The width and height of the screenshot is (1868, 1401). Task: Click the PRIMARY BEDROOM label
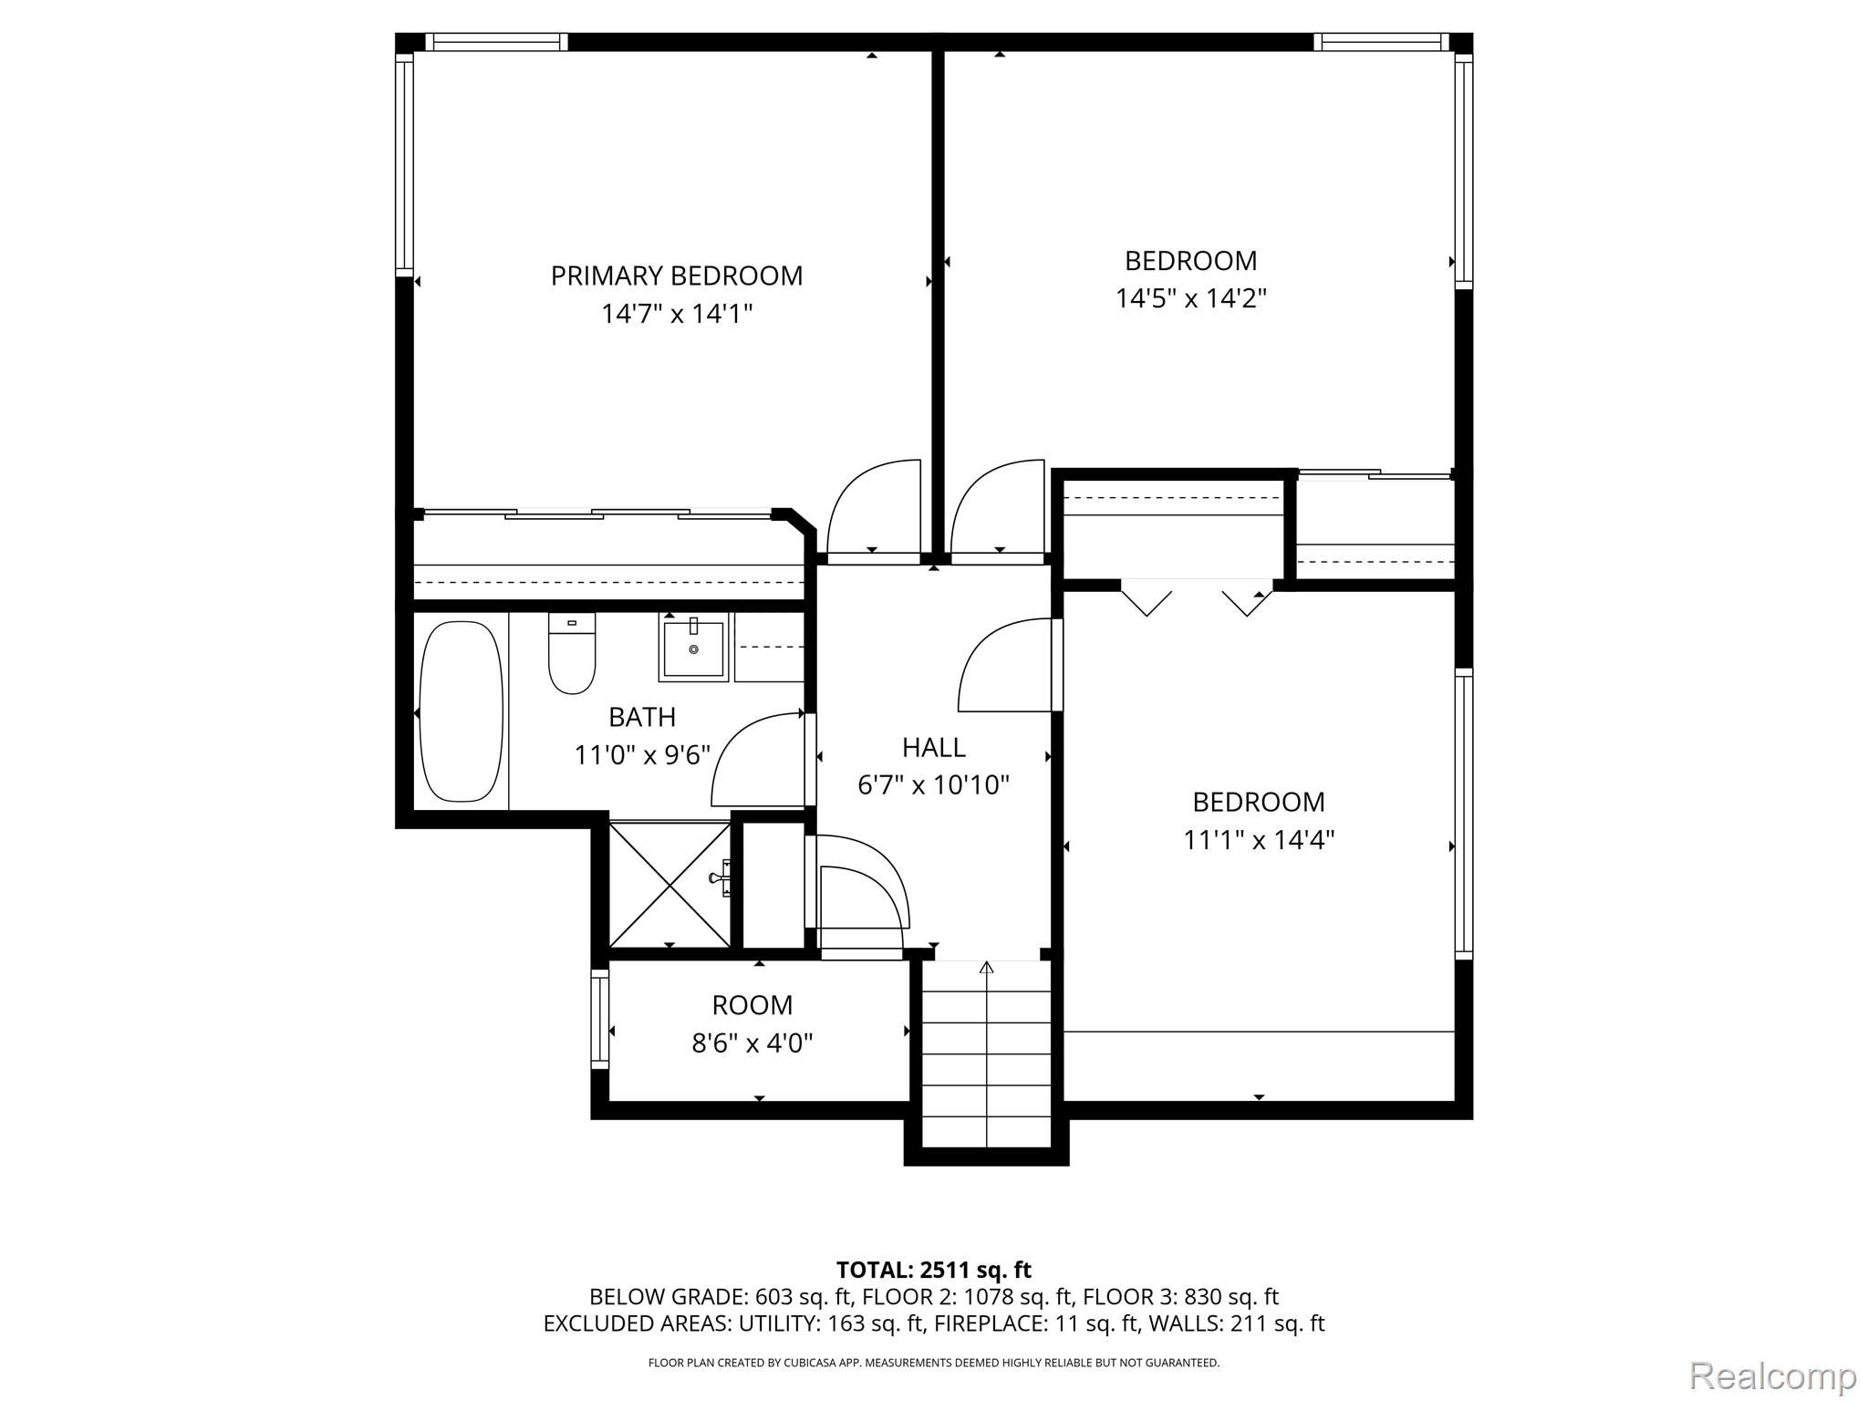coord(677,275)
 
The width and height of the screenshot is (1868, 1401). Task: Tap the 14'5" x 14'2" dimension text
coord(1191,298)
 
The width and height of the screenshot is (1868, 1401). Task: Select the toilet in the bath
coord(572,652)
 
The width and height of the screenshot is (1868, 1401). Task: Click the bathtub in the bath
coord(461,711)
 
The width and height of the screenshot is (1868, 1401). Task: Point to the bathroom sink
coord(694,648)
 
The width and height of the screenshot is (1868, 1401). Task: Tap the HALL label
coord(934,748)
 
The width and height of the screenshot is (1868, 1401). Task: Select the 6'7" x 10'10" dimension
coord(934,784)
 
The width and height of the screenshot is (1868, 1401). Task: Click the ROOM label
coord(752,1005)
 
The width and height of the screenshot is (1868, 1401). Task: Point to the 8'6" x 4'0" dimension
coord(752,1043)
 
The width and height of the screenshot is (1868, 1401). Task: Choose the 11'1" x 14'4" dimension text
coord(1259,839)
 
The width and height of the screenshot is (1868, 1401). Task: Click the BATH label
coord(642,718)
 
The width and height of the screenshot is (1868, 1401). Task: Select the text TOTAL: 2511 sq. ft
coord(934,1270)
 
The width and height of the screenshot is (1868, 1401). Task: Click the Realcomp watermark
coord(1773,1375)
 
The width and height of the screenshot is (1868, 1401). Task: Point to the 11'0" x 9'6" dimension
coord(642,755)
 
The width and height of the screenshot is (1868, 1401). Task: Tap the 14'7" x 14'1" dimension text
coord(677,314)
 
